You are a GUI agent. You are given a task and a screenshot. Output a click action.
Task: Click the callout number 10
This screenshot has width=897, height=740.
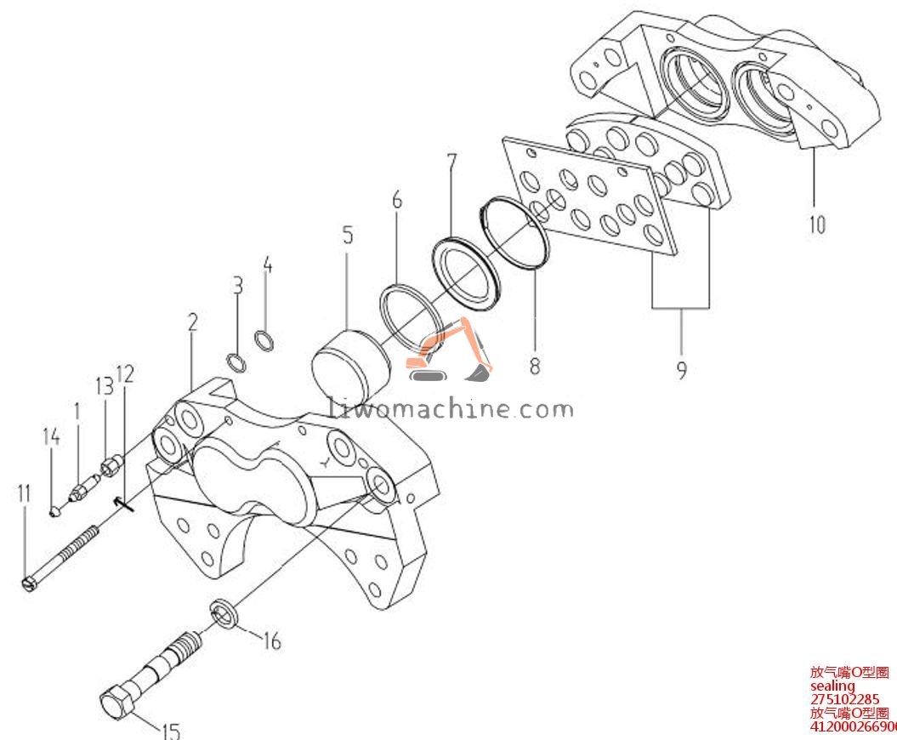pyautogui.click(x=816, y=225)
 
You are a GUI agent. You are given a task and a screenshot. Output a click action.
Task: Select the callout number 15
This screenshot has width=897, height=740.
pyautogui.click(x=170, y=730)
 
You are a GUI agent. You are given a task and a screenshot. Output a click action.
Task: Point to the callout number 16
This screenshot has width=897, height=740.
pyautogui.click(x=271, y=640)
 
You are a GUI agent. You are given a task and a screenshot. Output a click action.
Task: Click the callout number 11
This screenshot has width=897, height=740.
pyautogui.click(x=23, y=493)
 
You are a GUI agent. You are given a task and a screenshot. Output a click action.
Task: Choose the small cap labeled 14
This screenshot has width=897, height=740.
pyautogui.click(x=54, y=510)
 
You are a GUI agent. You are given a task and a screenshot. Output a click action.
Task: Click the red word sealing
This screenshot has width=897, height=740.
pyautogui.click(x=832, y=686)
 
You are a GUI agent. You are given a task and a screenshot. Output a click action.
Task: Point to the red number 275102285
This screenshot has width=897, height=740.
pyautogui.click(x=844, y=700)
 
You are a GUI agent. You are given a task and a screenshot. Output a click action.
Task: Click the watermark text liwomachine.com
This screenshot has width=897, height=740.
pyautogui.click(x=451, y=409)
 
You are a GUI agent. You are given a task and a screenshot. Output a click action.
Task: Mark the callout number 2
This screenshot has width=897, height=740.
pyautogui.click(x=193, y=322)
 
